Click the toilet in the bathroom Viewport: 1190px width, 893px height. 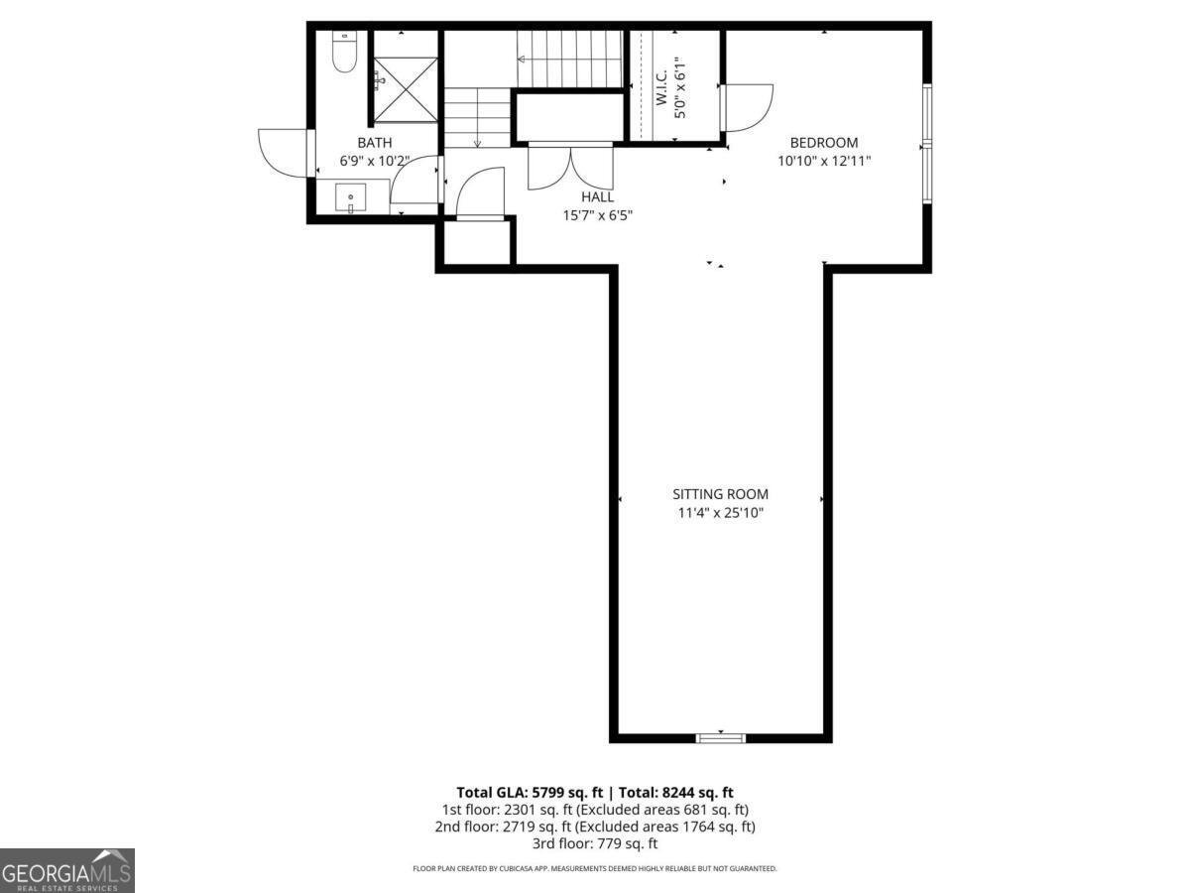click(x=344, y=54)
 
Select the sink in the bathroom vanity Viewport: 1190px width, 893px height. click(x=350, y=198)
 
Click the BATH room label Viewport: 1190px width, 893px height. click(x=374, y=143)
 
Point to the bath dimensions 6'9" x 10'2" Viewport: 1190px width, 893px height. click(x=374, y=160)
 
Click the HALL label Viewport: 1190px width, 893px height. click(x=597, y=197)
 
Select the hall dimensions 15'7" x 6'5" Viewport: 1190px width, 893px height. click(x=597, y=214)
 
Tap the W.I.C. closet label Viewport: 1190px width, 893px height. click(x=661, y=87)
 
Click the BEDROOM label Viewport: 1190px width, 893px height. click(x=823, y=143)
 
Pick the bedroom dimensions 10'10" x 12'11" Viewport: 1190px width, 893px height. click(x=823, y=160)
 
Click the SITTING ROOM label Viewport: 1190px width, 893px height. click(x=720, y=494)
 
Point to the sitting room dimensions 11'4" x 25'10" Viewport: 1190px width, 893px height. click(x=720, y=512)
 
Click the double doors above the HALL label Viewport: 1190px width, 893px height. click(x=570, y=167)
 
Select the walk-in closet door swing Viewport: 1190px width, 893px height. click(x=749, y=107)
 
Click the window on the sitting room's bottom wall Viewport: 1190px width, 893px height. click(x=720, y=737)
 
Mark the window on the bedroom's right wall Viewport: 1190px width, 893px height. click(x=927, y=144)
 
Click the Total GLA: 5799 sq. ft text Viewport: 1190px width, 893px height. click(x=530, y=792)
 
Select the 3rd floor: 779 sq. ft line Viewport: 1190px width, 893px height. click(x=595, y=843)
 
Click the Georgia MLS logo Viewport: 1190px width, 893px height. click(x=66, y=870)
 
